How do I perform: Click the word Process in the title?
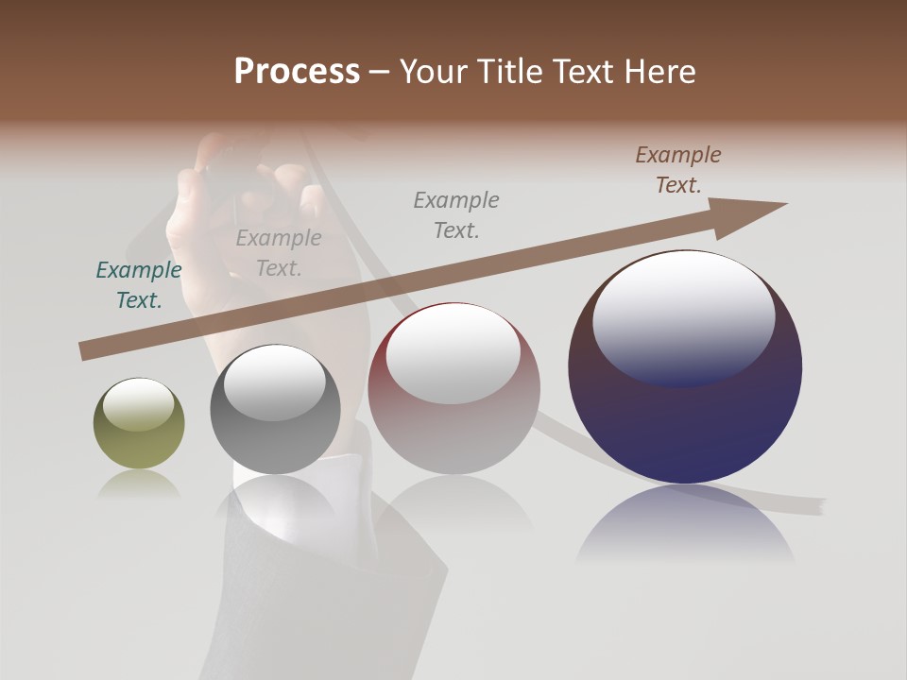[297, 72]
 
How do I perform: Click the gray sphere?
[275, 439]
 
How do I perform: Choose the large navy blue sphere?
[685, 425]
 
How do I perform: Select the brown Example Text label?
[678, 170]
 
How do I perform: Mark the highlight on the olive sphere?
[138, 403]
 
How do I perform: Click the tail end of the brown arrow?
[87, 351]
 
